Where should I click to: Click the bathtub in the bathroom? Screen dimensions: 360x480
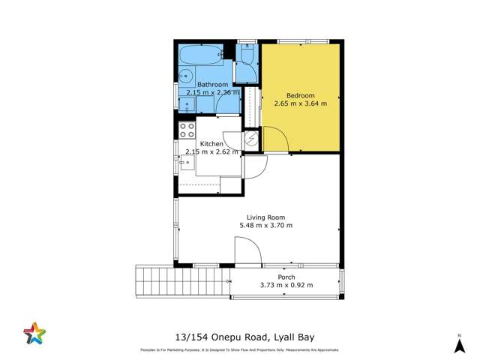(199, 54)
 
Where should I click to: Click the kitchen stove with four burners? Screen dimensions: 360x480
(187, 130)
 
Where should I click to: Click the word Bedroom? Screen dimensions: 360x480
(300, 95)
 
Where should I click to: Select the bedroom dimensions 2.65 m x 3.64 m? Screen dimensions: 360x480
(300, 103)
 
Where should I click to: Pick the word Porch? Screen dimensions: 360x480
(286, 277)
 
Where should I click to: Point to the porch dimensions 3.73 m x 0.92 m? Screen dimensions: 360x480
(286, 285)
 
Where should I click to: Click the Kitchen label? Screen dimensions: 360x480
(211, 143)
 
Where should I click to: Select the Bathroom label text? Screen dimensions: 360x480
(212, 85)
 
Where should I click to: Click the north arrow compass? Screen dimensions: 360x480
(459, 344)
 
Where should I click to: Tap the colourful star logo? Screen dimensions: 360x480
(34, 333)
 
